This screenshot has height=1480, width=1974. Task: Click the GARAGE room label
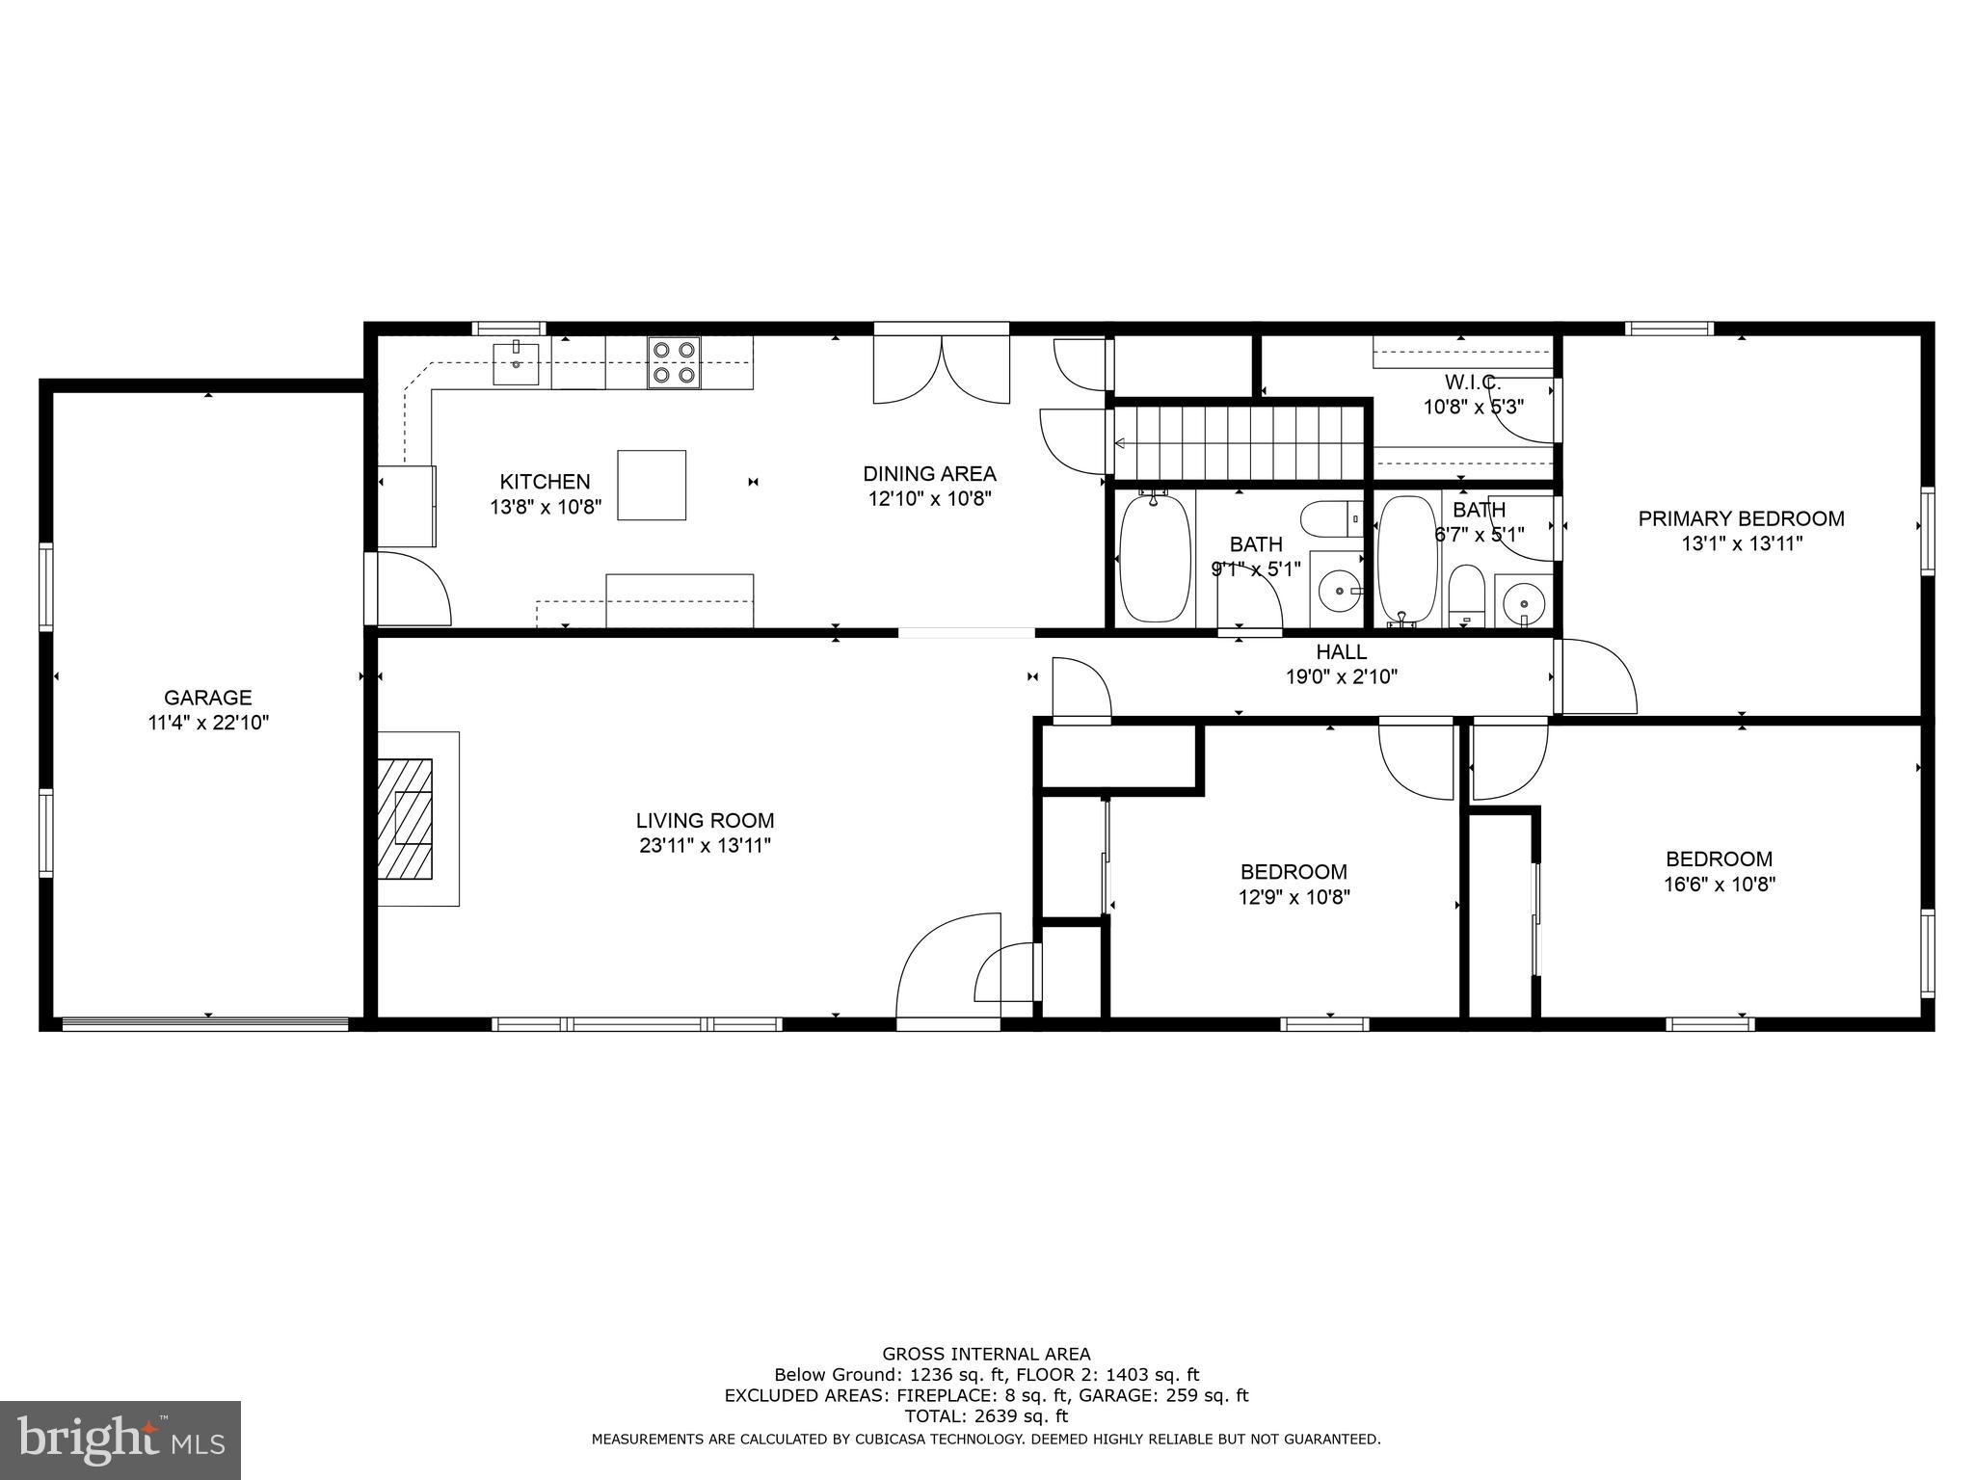point(207,697)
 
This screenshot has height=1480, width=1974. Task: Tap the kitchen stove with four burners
point(674,362)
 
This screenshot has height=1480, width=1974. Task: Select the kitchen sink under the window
point(517,362)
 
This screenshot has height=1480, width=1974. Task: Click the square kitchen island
point(652,485)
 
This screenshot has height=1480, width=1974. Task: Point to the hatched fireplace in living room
point(405,818)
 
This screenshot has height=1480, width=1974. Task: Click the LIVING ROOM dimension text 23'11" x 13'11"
point(705,846)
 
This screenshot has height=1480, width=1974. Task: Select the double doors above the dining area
point(941,370)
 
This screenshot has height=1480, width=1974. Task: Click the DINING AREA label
point(929,473)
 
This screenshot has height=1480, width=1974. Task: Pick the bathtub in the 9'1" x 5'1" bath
point(1155,559)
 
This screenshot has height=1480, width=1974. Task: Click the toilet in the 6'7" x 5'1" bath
point(1466,595)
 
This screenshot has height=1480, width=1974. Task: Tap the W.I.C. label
point(1472,383)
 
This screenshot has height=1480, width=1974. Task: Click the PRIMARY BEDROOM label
point(1741,518)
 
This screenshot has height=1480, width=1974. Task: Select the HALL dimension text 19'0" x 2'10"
point(1341,677)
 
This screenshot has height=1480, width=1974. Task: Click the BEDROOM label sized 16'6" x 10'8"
point(1719,859)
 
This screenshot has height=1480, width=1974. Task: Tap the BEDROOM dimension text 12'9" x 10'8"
point(1294,897)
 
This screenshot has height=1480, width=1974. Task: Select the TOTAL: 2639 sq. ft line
point(986,1415)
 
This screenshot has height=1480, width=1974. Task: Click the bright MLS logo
point(120,1440)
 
